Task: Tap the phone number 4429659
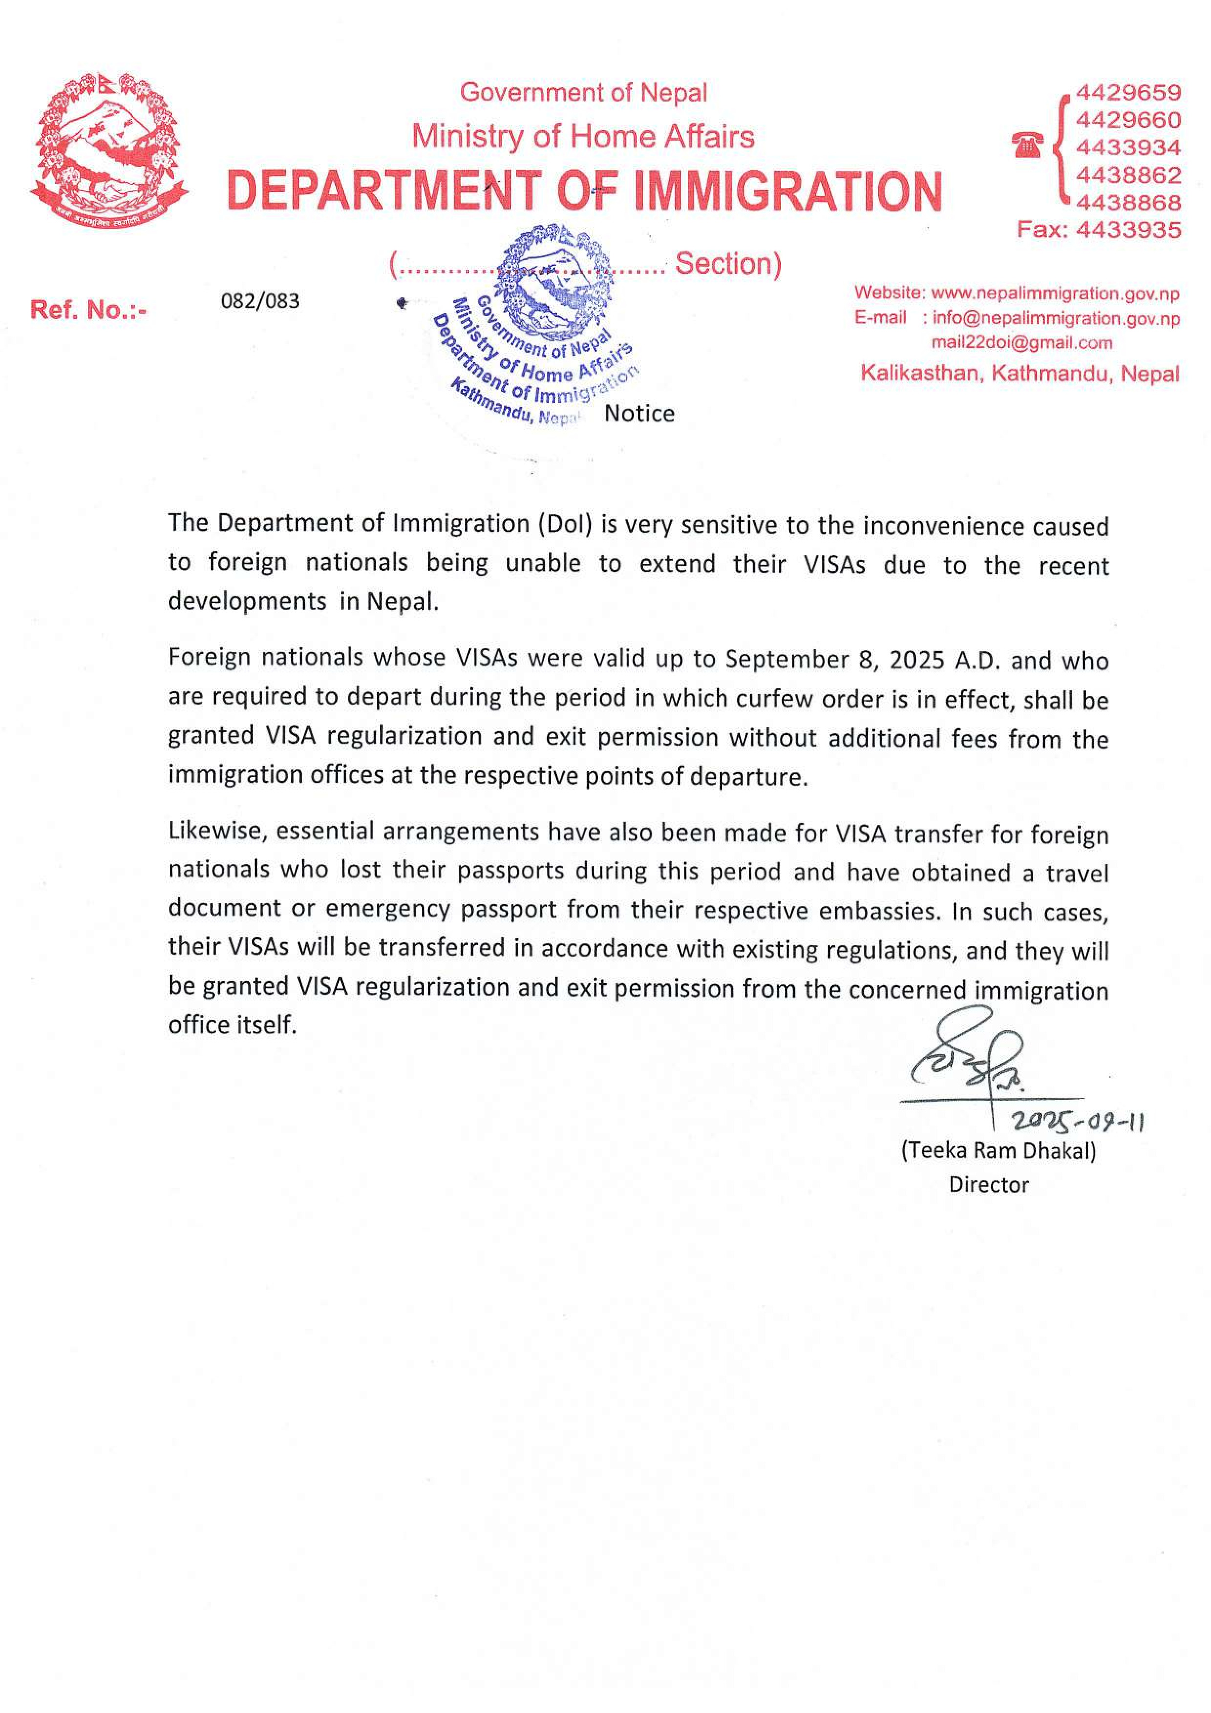click(x=1127, y=92)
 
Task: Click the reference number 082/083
click(x=260, y=301)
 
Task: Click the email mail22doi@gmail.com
click(x=1021, y=343)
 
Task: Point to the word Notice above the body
click(x=639, y=413)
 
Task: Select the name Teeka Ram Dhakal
click(x=999, y=1150)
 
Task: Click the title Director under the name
click(x=989, y=1185)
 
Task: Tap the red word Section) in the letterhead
click(x=727, y=264)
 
